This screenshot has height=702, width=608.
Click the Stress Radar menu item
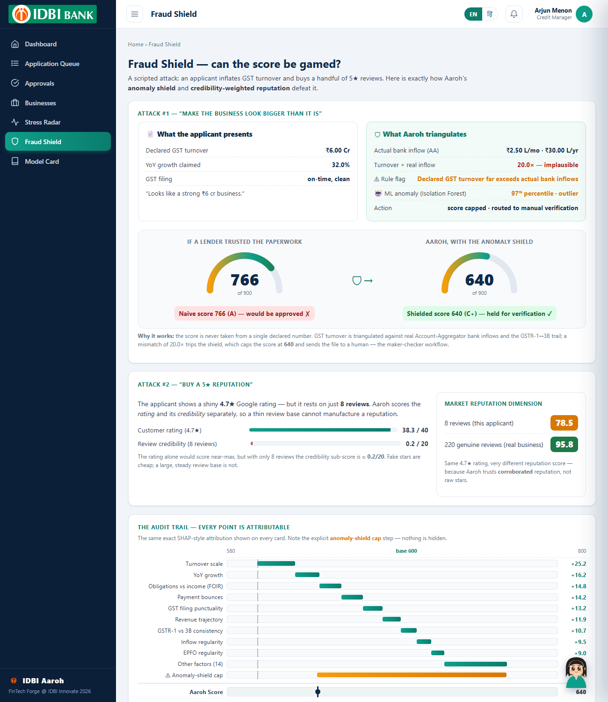point(43,122)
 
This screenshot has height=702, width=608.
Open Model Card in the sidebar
point(42,161)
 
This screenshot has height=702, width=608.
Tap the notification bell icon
point(514,14)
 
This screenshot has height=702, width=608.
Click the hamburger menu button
point(134,14)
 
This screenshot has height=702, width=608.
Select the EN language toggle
point(473,14)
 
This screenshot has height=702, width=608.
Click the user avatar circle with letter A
point(584,14)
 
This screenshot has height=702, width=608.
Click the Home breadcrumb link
point(136,44)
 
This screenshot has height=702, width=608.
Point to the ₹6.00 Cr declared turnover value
point(337,150)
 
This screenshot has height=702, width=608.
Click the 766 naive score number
point(245,280)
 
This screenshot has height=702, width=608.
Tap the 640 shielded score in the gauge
point(479,280)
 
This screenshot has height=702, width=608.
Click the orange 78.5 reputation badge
point(564,423)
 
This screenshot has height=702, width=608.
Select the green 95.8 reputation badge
point(564,444)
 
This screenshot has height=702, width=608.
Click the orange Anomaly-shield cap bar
point(412,675)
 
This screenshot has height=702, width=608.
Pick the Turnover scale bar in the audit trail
point(276,563)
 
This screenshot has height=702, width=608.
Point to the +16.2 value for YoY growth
point(579,575)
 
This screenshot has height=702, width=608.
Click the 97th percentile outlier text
point(544,193)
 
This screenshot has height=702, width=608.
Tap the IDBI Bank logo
point(53,14)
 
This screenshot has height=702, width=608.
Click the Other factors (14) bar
point(475,664)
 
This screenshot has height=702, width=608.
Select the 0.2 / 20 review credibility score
point(417,444)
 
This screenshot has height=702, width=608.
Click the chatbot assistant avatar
point(576,673)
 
